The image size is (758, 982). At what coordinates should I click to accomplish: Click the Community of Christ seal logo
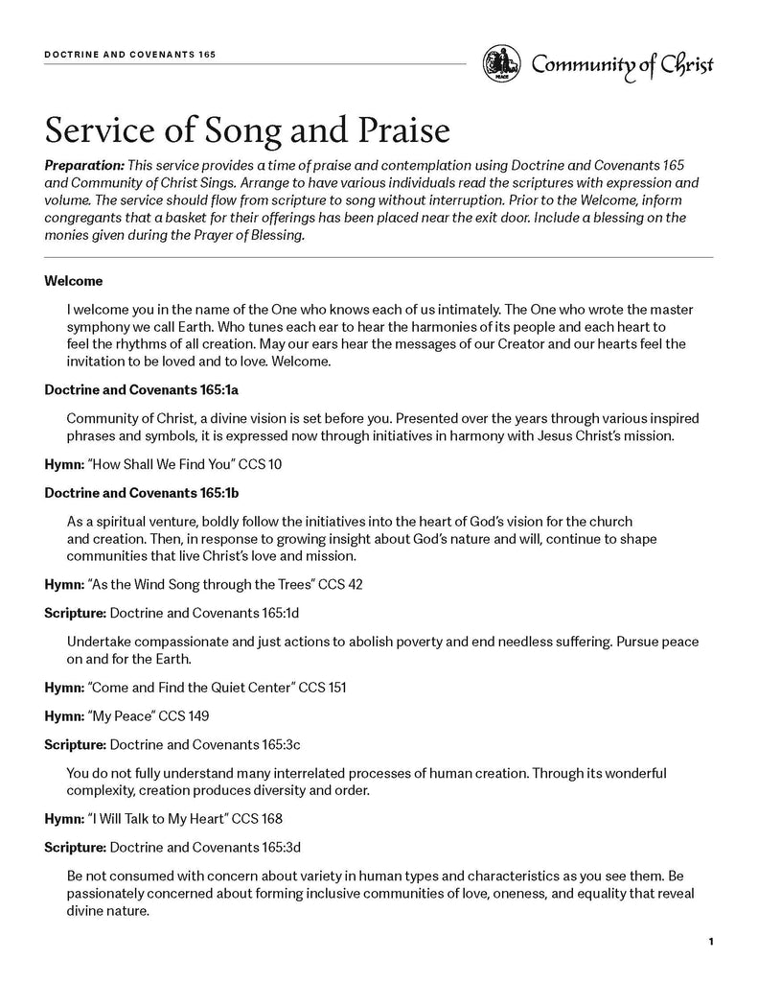coord(501,64)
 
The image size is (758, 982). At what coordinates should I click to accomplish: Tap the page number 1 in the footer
coord(711,943)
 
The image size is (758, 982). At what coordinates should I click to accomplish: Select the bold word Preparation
coord(84,166)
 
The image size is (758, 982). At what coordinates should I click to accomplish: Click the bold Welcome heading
coord(74,282)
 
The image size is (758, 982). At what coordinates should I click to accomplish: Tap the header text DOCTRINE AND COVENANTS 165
coord(129,55)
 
